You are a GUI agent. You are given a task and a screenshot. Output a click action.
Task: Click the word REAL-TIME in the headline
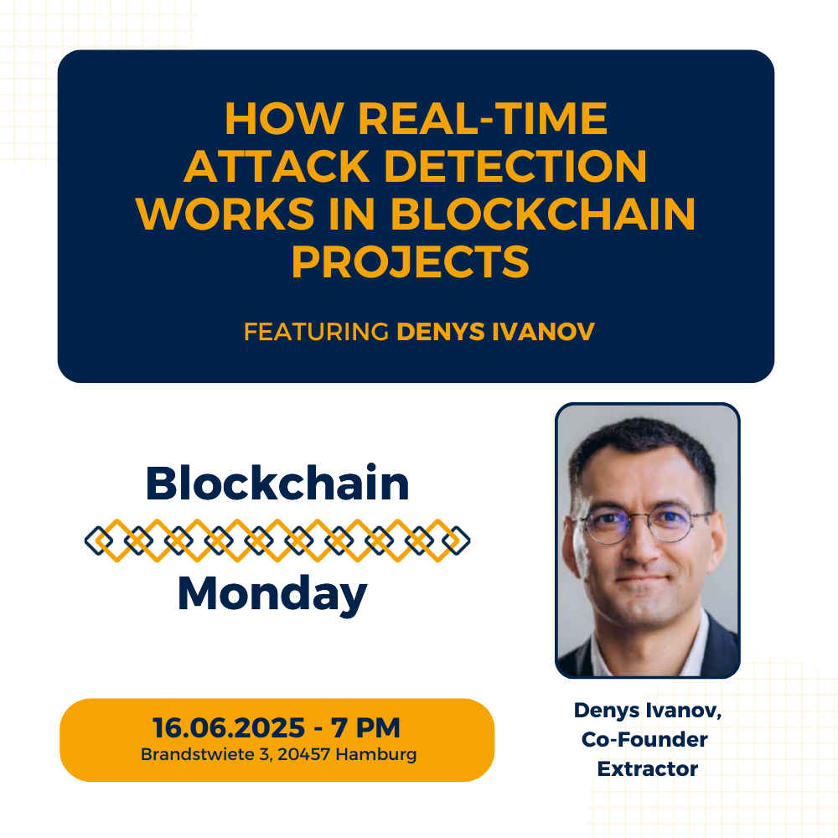pos(483,118)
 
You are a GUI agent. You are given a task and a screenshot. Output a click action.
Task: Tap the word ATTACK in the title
pos(277,166)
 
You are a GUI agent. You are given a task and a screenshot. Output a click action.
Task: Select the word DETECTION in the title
pos(515,166)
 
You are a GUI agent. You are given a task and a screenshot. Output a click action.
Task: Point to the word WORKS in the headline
pos(225,214)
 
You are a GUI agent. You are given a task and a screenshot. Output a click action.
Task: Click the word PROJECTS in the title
pos(411,261)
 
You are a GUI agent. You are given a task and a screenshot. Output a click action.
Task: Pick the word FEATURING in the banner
pos(316,331)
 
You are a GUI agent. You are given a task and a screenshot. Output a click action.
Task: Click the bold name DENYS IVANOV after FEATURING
pos(495,331)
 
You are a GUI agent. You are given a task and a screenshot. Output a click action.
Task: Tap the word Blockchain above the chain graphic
pos(277,484)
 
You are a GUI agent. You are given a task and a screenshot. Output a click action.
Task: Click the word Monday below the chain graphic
pos(272,594)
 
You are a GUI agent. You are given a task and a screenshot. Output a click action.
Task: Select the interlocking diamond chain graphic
pos(277,541)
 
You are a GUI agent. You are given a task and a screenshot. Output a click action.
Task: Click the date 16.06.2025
pos(229,727)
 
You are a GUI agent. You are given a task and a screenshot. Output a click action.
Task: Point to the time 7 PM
pos(365,727)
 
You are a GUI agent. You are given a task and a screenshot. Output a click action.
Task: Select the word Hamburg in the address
pos(375,755)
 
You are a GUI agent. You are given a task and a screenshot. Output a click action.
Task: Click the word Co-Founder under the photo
pos(644,740)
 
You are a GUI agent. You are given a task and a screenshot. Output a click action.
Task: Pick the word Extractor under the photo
pos(648,769)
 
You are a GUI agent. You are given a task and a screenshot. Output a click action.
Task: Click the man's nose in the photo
pos(639,546)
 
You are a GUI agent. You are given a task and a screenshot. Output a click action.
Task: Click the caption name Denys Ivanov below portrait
pos(648,711)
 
